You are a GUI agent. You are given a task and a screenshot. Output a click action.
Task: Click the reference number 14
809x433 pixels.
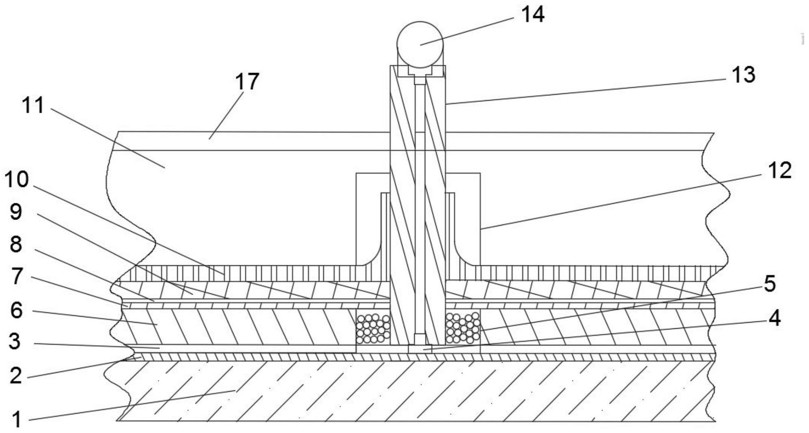[x=532, y=15]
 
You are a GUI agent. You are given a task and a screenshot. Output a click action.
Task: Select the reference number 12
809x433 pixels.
[x=779, y=170]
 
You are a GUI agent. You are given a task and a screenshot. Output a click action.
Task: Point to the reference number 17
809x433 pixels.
[x=247, y=82]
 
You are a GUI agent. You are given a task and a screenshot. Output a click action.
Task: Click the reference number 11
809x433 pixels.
[x=32, y=106]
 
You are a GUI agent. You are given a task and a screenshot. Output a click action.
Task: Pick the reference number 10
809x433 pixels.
[x=17, y=179]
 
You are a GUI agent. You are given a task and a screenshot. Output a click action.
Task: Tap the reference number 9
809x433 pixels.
[x=16, y=212]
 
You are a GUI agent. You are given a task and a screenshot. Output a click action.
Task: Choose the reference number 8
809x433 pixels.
[x=16, y=244]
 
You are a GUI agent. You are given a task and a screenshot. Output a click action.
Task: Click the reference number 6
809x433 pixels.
[x=16, y=310]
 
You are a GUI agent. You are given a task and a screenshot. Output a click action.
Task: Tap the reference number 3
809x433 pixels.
[x=15, y=341]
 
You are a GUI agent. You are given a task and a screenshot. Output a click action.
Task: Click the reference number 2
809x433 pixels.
[x=15, y=375]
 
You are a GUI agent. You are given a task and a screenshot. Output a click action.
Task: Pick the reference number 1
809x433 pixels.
[x=16, y=419]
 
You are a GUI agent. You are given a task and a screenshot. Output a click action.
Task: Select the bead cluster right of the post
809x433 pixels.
[x=463, y=328]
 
